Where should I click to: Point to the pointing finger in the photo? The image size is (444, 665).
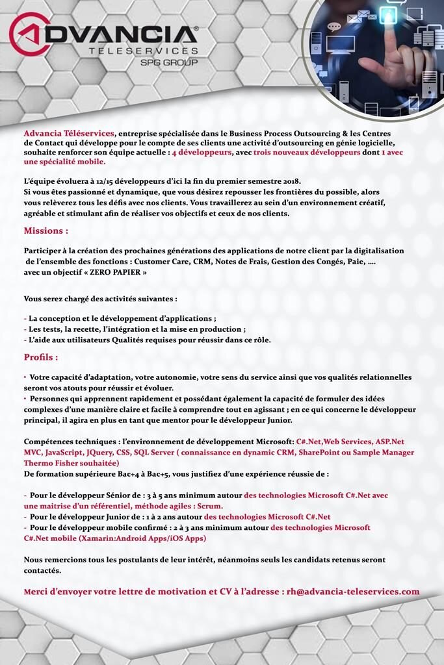[391, 61]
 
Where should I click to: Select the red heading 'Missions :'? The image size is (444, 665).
[46, 231]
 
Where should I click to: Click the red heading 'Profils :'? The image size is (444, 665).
[41, 357]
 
